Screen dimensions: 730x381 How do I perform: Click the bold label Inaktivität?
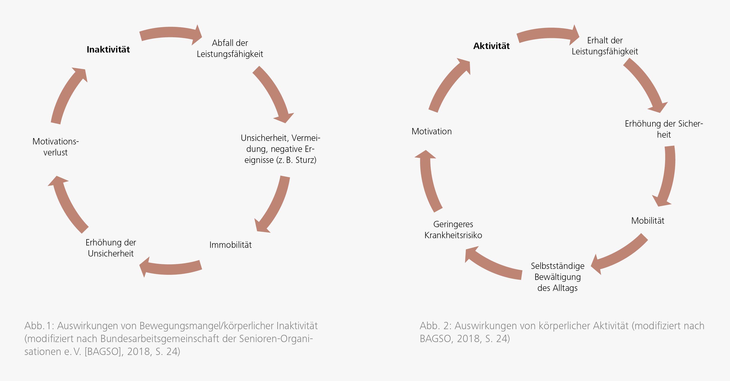coord(108,49)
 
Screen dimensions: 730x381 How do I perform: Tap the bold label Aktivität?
coord(491,46)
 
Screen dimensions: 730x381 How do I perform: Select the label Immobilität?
coord(230,245)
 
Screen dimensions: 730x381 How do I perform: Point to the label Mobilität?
coord(648,220)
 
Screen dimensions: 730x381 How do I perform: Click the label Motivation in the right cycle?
coord(432,131)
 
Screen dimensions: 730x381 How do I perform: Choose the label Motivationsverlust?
coord(56,147)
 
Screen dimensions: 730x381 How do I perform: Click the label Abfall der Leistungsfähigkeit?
coord(230,48)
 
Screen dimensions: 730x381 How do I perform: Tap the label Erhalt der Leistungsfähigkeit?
coord(605,46)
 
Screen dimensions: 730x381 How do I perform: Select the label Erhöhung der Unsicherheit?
coord(111,248)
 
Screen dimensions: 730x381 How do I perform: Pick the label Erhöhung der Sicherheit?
coord(664,129)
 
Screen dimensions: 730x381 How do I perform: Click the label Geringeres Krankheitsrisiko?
coord(453,230)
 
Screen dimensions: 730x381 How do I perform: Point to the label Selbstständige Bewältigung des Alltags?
coord(557,277)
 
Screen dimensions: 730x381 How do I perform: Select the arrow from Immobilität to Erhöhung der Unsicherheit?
coord(170,269)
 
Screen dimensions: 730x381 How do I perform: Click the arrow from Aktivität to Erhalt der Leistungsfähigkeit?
coord(548,33)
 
